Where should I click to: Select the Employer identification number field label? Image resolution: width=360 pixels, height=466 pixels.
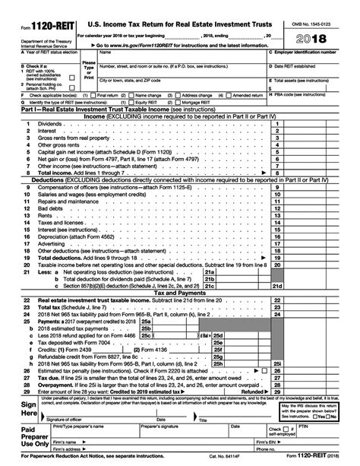pos(313,52)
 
